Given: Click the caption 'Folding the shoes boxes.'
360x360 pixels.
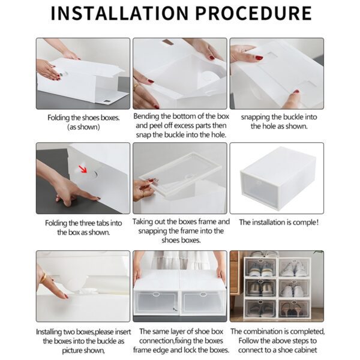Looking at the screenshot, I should point(83,118).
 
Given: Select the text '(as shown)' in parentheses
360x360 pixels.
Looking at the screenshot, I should point(83,127).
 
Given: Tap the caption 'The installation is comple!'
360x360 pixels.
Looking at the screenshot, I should point(278,222).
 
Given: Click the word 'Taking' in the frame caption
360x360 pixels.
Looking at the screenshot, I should point(145,221).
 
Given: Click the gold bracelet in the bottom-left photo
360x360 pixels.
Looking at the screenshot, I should point(43,278).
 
